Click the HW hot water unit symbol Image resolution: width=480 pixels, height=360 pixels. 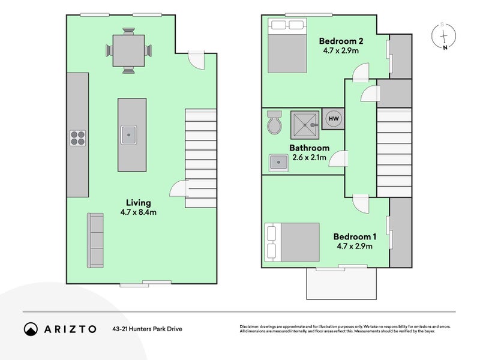(332, 119)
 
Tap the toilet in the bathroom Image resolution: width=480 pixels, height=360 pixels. (274, 124)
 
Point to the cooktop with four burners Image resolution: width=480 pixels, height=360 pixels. (78, 139)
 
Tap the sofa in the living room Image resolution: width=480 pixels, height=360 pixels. (95, 240)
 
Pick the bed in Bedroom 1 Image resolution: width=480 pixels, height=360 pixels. (292, 242)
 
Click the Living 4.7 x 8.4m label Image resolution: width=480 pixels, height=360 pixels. (139, 207)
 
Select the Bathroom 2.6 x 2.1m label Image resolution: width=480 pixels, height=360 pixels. (309, 153)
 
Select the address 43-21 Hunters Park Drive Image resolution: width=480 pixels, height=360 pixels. (147, 329)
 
